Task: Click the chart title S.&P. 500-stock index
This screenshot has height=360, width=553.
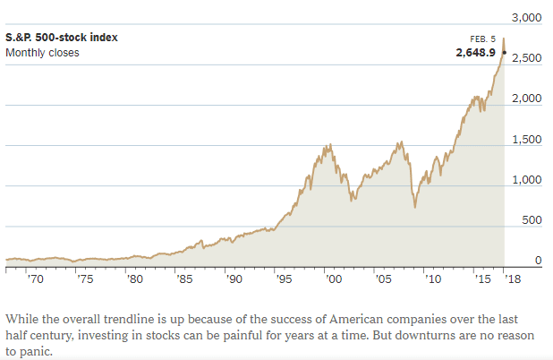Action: point(62,38)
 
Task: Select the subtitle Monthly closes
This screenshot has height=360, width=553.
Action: point(42,53)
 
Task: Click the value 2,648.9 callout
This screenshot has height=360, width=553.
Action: point(477,53)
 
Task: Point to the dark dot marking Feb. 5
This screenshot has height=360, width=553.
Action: point(505,53)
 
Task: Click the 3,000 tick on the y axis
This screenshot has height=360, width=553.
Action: point(526,18)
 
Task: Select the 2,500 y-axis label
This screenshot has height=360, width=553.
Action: point(526,58)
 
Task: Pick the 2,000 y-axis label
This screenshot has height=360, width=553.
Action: point(526,99)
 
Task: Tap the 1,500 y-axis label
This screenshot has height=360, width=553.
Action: point(526,140)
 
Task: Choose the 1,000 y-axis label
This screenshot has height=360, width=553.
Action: point(526,180)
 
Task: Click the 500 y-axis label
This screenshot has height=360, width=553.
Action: point(532,220)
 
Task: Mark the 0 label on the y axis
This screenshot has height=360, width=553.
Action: point(539,261)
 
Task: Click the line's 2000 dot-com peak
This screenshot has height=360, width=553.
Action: point(331,144)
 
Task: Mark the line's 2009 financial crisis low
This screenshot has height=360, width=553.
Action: point(415,208)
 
